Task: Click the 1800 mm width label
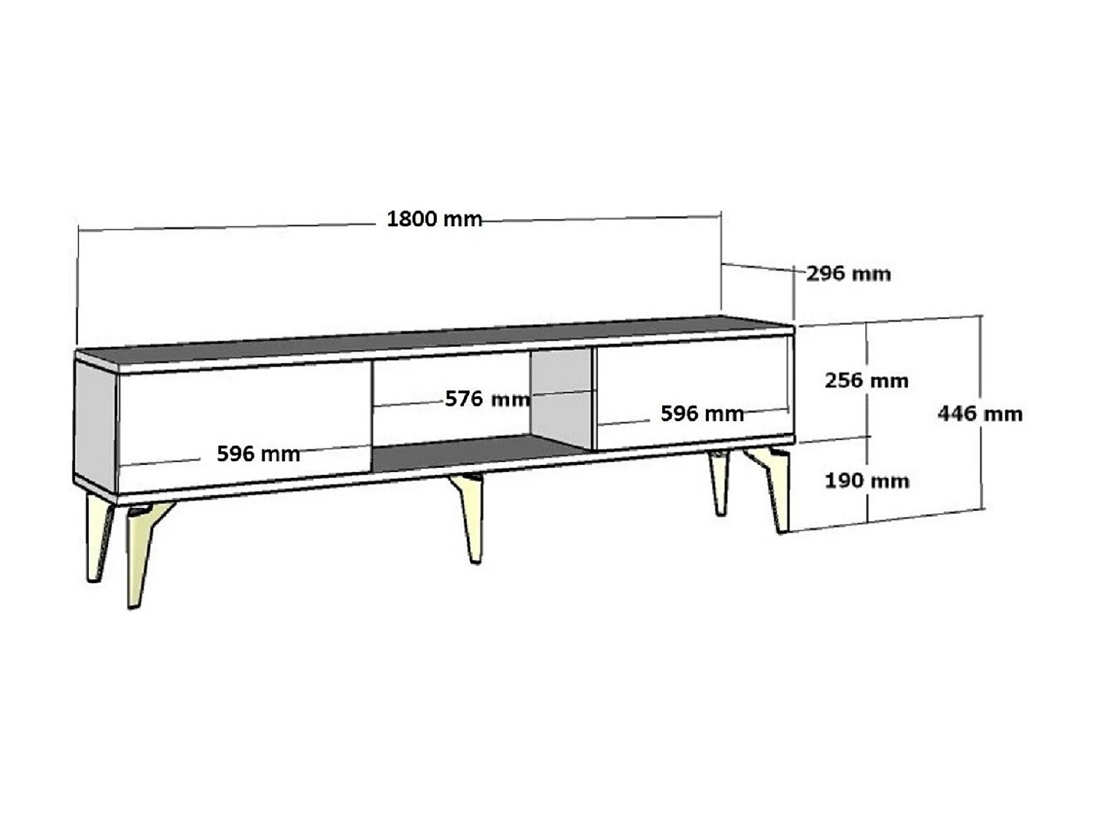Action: click(x=434, y=219)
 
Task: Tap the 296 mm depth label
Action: click(x=848, y=274)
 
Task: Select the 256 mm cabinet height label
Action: click(x=866, y=380)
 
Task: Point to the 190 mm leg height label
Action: click(x=866, y=481)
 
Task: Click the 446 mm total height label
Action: click(x=979, y=414)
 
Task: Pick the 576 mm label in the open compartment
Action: click(x=487, y=399)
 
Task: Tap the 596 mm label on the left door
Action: click(x=258, y=454)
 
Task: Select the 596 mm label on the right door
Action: click(x=702, y=414)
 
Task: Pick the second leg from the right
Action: click(x=720, y=482)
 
